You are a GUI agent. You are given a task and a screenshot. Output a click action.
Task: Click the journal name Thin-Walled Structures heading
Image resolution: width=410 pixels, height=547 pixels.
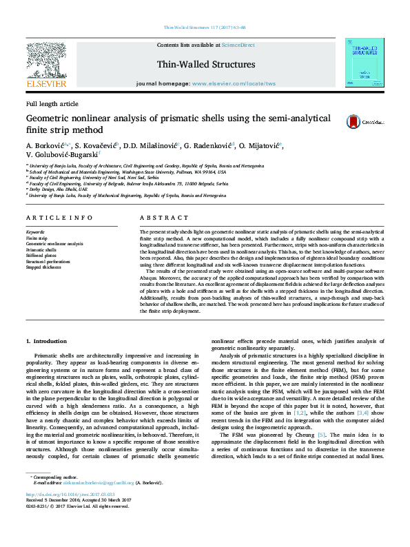[x=206, y=65]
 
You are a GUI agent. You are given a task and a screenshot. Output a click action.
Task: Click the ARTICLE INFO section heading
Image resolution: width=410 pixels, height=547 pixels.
[x=60, y=218]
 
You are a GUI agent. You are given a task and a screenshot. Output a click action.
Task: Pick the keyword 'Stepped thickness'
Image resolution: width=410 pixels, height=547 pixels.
[x=44, y=267]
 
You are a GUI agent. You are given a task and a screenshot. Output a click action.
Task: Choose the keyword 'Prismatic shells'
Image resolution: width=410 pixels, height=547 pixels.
[x=42, y=249]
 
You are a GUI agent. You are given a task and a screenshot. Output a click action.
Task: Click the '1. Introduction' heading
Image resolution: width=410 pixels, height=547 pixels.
[x=46, y=341]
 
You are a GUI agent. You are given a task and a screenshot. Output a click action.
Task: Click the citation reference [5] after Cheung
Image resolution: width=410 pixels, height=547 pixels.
[x=321, y=435]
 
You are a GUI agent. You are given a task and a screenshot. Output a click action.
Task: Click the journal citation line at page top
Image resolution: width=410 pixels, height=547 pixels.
[x=205, y=28]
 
